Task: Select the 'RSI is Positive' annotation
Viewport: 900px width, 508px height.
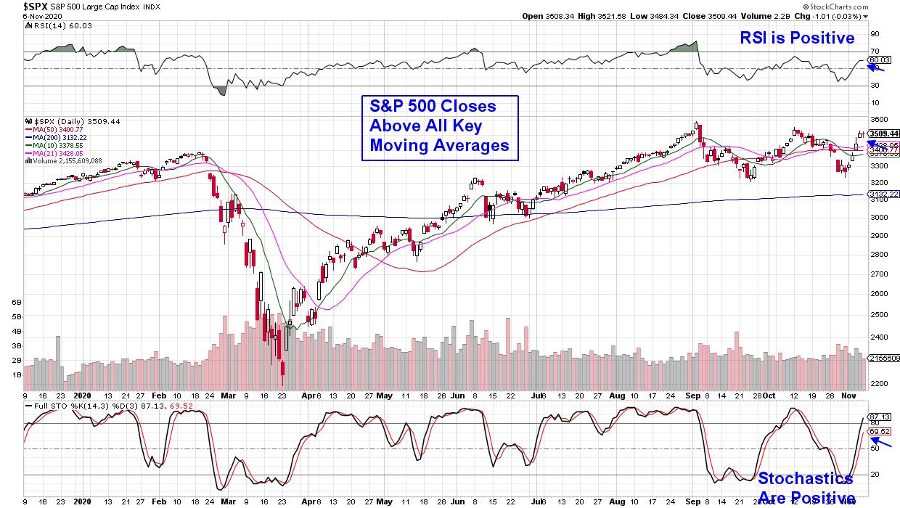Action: point(797,38)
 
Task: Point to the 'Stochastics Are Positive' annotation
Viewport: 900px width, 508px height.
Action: point(806,488)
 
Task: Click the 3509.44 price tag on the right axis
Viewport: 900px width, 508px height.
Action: point(883,134)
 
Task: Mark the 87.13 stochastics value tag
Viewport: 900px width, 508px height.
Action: point(880,417)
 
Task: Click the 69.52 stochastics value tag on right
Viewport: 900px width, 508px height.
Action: point(880,431)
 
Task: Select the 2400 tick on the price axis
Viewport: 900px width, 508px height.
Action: point(880,337)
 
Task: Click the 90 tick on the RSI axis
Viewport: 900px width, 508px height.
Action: point(875,33)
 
